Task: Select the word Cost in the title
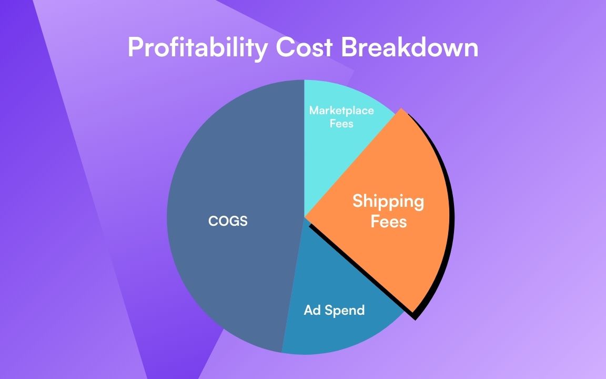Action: click(304, 48)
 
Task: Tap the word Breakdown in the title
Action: click(410, 48)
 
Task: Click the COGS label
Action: click(228, 221)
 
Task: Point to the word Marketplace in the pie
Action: click(341, 111)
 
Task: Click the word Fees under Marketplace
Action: click(341, 124)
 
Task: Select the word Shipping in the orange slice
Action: click(388, 201)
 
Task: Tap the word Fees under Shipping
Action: click(389, 221)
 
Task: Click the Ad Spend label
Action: click(334, 310)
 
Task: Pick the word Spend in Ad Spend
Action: click(345, 311)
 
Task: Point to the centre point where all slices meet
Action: click(305, 217)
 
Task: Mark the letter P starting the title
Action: click(135, 48)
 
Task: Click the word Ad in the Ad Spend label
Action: click(312, 310)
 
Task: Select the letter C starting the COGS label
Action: click(213, 221)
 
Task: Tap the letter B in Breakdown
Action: click(348, 48)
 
